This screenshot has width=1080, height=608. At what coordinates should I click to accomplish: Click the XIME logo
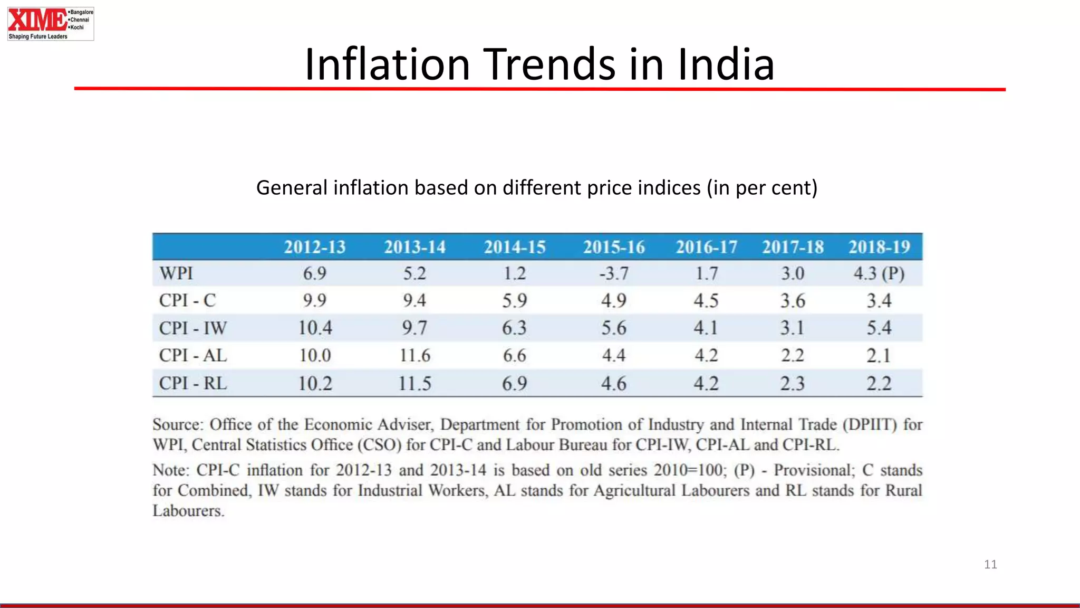tap(50, 24)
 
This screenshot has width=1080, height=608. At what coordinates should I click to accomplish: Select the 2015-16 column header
tap(614, 247)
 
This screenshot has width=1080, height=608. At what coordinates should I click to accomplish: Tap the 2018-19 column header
tap(879, 247)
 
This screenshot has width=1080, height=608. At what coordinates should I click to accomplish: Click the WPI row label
tap(176, 273)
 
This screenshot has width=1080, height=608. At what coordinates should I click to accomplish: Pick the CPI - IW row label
tap(193, 328)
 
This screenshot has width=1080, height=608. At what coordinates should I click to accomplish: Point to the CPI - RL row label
tap(193, 383)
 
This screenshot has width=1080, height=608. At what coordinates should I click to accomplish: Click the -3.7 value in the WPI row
tap(614, 273)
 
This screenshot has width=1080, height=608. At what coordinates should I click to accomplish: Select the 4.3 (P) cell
tap(879, 273)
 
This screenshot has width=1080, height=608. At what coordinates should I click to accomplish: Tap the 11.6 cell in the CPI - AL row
tap(415, 355)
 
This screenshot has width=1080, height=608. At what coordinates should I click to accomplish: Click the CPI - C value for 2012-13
tap(315, 300)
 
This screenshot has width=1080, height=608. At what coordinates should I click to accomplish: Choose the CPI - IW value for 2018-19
tap(879, 328)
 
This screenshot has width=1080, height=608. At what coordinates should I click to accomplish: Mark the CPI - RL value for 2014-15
tap(514, 383)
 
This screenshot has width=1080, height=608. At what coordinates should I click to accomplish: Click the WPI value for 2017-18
tap(793, 273)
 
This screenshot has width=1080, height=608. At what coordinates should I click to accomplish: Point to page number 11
tap(990, 564)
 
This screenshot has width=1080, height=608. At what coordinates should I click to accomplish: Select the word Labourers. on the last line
tap(188, 511)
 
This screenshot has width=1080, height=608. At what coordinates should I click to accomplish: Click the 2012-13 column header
tap(315, 247)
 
